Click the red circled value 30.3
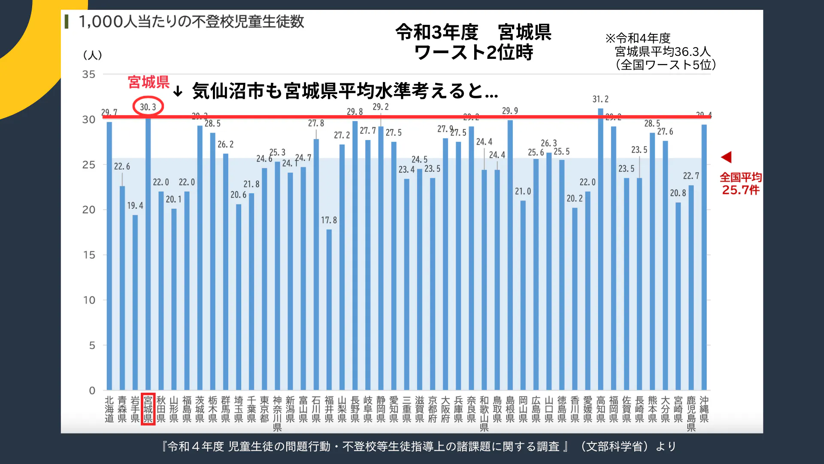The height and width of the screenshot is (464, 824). (148, 107)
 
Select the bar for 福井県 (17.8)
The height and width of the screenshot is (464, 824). (329, 309)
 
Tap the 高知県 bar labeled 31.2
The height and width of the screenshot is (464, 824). (600, 249)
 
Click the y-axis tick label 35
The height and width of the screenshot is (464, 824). (89, 75)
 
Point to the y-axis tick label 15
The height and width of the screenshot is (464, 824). (89, 255)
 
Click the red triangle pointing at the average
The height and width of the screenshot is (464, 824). (726, 157)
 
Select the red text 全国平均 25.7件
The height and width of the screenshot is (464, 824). (740, 184)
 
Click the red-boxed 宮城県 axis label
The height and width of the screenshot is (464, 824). (148, 409)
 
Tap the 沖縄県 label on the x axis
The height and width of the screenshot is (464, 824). (704, 409)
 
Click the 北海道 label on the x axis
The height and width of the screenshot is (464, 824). (109, 409)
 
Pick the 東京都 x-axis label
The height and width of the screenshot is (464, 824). (264, 409)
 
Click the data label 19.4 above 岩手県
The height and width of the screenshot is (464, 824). (135, 206)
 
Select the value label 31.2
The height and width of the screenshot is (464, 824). (600, 99)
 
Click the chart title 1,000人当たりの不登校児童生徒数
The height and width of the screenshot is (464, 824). (191, 21)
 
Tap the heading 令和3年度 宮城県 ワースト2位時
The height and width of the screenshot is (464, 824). (473, 42)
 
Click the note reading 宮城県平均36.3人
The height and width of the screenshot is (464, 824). (663, 52)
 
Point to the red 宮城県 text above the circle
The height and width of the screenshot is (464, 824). (148, 82)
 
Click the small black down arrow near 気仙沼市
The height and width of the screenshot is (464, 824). (178, 91)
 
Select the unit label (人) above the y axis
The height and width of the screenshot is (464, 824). (92, 55)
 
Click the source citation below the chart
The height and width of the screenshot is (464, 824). (418, 447)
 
